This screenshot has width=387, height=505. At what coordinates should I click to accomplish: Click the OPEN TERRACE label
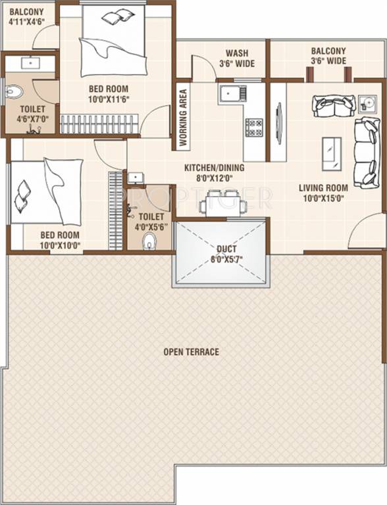point(191,352)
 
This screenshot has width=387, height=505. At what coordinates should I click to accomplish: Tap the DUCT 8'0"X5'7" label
point(222,254)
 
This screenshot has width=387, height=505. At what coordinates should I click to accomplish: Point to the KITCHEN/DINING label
point(214,168)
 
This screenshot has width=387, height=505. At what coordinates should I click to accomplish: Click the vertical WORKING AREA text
point(183,118)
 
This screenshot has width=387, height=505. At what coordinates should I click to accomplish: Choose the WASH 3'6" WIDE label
point(236,58)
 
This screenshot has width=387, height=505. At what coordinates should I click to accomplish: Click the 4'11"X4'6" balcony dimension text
point(27,22)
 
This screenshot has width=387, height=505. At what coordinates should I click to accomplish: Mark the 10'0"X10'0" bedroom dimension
point(60,245)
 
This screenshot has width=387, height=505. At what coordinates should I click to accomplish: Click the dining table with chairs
point(224,202)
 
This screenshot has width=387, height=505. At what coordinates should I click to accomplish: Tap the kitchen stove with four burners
point(254,127)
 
